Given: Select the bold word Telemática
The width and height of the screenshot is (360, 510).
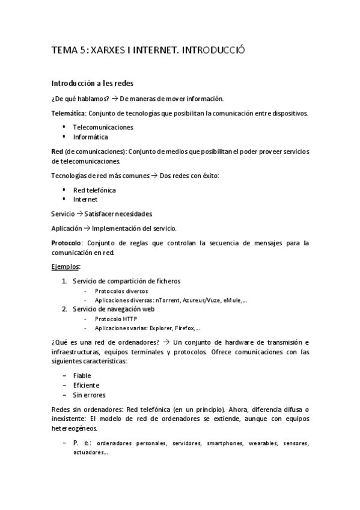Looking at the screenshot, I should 69,113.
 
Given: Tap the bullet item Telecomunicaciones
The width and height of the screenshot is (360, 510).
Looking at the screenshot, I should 103,127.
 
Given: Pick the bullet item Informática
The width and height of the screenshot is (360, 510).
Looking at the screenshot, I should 90,137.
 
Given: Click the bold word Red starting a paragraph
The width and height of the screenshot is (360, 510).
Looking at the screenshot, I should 57,152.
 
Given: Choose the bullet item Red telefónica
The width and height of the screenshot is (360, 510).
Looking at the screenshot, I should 94,190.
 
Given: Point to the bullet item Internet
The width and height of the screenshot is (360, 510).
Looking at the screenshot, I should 85,199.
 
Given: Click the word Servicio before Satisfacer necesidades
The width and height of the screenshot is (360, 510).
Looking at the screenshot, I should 63,214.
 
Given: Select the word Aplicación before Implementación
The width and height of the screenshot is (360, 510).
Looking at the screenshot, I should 66,228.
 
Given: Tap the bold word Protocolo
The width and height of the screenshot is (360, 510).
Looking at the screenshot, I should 67,243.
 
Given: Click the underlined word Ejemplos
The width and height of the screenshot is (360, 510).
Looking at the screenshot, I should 66,266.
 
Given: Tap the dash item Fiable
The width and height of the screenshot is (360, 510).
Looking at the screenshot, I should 82,375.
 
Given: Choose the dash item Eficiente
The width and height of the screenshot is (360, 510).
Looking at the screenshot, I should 86,385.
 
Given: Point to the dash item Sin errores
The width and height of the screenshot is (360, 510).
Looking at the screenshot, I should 89,395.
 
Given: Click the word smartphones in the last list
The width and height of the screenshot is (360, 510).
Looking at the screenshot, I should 225,443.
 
